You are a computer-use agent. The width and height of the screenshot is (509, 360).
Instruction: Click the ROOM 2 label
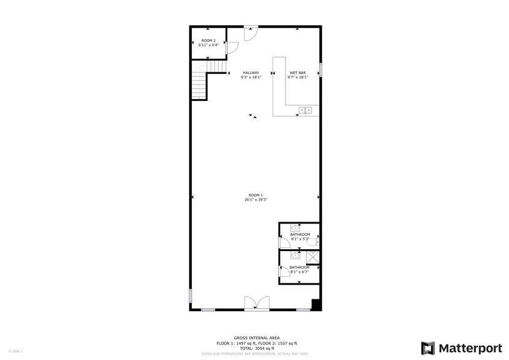(x=208, y=40)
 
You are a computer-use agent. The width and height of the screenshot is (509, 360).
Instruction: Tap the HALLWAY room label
(x=251, y=73)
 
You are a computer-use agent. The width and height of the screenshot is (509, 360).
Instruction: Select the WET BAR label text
(x=298, y=73)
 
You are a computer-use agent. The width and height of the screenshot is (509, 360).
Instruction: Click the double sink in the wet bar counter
(x=305, y=110)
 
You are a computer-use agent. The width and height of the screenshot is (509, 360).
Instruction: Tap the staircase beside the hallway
(x=199, y=84)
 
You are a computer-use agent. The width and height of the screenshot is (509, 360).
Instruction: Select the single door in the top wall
(x=251, y=34)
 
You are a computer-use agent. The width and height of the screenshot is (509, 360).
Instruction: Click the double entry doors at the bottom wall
(x=256, y=303)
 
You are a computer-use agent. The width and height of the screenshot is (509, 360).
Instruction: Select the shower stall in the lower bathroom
(x=312, y=257)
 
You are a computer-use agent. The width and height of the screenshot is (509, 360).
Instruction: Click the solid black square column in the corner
(x=316, y=305)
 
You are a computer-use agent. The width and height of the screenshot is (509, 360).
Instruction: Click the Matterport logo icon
(x=428, y=348)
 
